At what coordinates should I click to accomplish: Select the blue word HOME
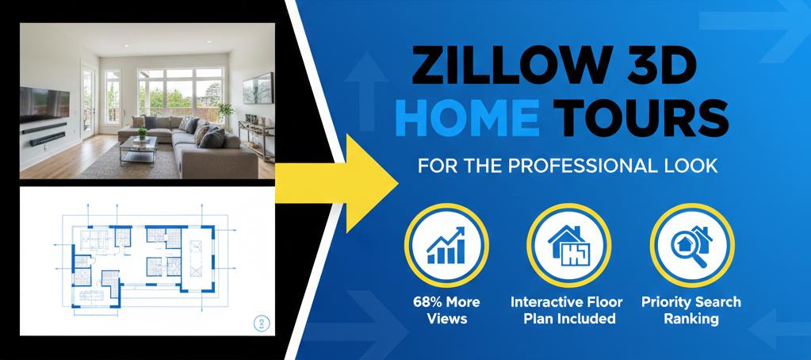(471, 118)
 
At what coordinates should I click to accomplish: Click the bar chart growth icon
(446, 245)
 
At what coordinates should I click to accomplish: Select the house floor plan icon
(568, 245)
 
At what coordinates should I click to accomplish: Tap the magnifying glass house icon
(691, 246)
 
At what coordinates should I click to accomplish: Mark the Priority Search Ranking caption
(691, 310)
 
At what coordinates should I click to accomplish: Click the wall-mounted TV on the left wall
(44, 104)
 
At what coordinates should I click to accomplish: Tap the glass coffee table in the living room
(138, 150)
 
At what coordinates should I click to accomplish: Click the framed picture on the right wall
(258, 89)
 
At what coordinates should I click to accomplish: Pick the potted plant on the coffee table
(142, 133)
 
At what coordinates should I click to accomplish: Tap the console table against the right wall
(256, 138)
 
